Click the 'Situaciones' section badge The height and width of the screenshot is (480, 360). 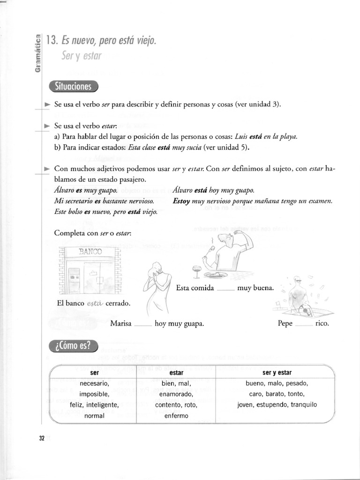(73, 87)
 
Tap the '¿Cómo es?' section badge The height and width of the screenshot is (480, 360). (73, 346)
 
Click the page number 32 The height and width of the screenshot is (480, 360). (42, 438)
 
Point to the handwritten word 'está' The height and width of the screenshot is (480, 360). (95, 303)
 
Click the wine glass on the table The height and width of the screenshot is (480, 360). (197, 270)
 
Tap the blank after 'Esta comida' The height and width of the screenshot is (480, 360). (225, 288)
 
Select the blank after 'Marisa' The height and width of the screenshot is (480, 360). (142, 323)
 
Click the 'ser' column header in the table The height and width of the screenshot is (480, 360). (94, 373)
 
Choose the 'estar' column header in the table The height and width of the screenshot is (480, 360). (176, 373)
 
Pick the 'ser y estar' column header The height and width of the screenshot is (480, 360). (277, 373)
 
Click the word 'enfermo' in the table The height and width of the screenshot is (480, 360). (176, 415)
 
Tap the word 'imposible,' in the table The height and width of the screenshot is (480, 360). (94, 394)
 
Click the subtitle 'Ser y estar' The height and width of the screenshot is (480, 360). (81, 56)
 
